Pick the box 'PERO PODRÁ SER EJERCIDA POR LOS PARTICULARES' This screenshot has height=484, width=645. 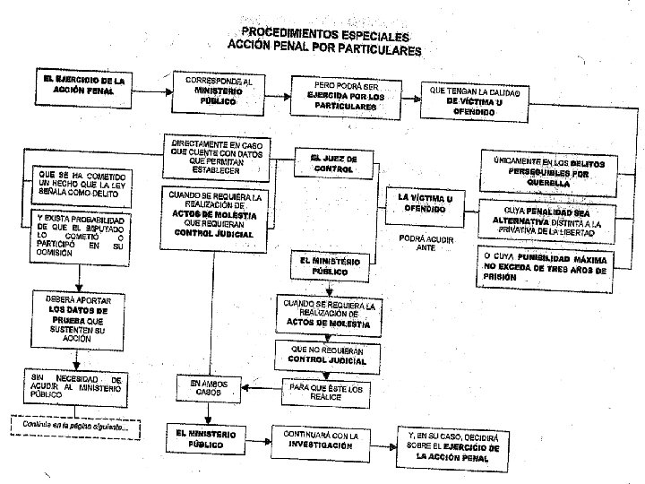click(344, 98)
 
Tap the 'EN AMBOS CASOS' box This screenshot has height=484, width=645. click(208, 389)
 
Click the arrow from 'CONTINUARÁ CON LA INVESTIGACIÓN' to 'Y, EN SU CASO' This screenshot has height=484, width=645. click(378, 440)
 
